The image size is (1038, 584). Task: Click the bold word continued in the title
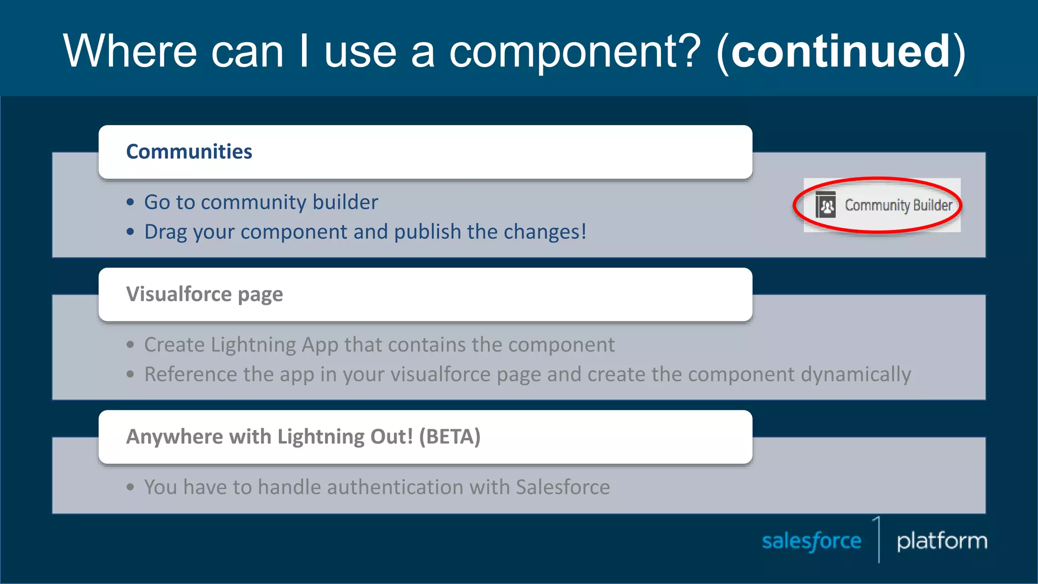pos(840,51)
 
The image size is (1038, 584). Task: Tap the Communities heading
pos(189,152)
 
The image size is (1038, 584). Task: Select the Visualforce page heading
pos(204,295)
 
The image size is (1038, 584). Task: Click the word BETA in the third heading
pos(450,437)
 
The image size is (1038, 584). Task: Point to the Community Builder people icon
pos(826,205)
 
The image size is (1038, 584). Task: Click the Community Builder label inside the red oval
pos(898,205)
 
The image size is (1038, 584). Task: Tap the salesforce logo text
pos(811,541)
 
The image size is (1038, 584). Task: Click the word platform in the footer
pos(942,541)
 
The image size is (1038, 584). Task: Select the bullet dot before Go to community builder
pos(131,202)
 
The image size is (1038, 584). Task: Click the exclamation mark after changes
pos(584,232)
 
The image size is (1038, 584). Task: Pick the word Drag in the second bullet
pos(165,232)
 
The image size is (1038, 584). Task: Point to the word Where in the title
pos(130,51)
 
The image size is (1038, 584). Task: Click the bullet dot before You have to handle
pos(131,487)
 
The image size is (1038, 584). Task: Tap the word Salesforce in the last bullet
pos(563,487)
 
